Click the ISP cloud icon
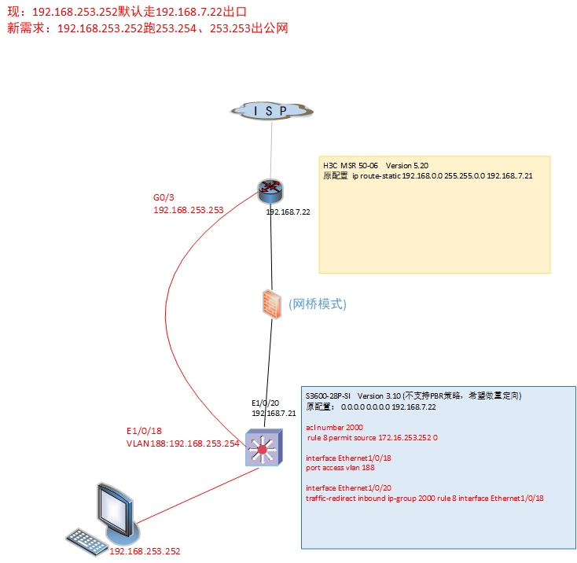pyautogui.click(x=270, y=110)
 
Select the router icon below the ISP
pyautogui.click(x=270, y=191)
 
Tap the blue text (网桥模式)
pyautogui.click(x=318, y=304)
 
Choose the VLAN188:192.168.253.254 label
pyautogui.click(x=182, y=443)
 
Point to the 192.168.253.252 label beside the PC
pyautogui.click(x=145, y=552)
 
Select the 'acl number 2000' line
pyautogui.click(x=333, y=426)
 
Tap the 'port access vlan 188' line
pyautogui.click(x=340, y=466)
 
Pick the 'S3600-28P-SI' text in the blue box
pyautogui.click(x=328, y=395)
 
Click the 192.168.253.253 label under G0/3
pyautogui.click(x=189, y=210)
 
